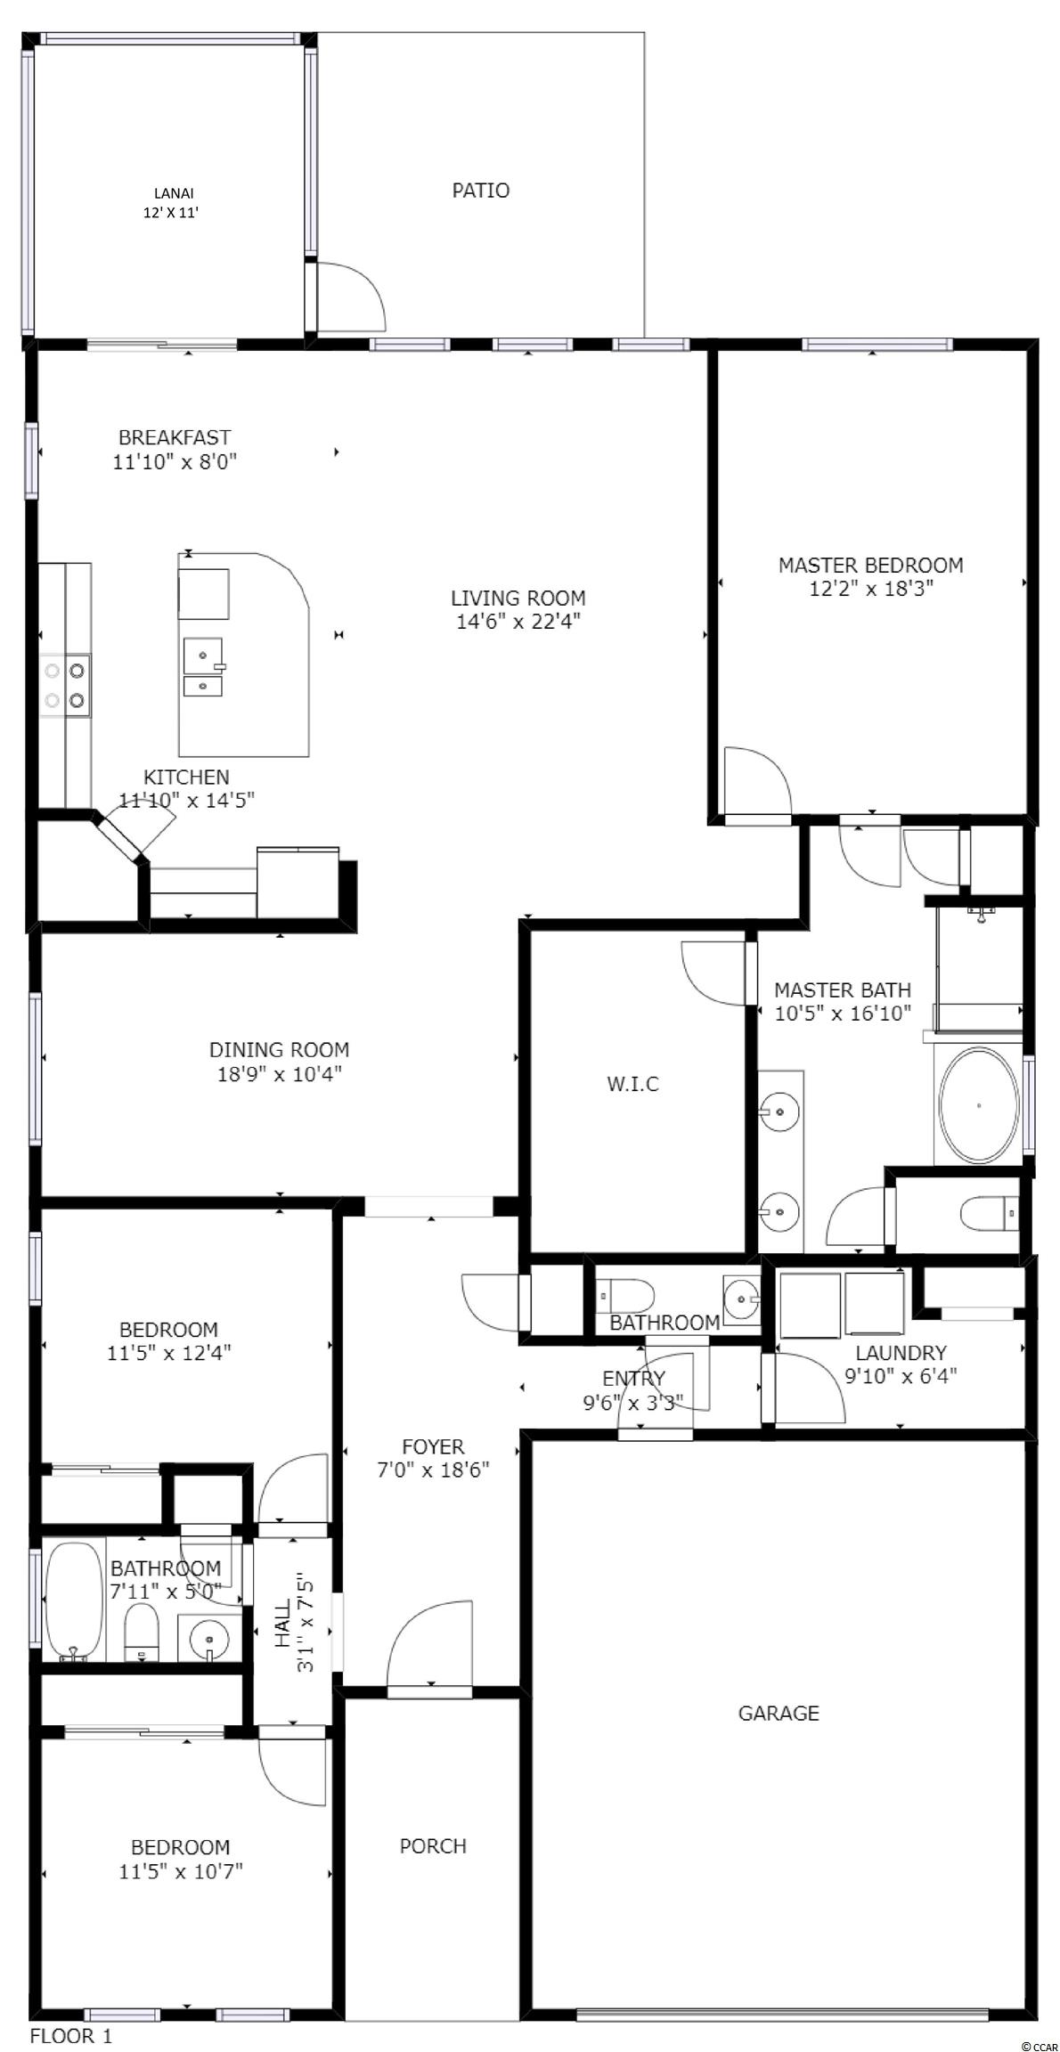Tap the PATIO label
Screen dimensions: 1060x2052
pyautogui.click(x=481, y=190)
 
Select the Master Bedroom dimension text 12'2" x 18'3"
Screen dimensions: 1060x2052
pyautogui.click(x=870, y=589)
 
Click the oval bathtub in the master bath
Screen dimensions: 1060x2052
pyautogui.click(x=977, y=1105)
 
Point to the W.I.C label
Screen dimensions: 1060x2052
pyautogui.click(x=632, y=1084)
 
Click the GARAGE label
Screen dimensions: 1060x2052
pyautogui.click(x=779, y=1713)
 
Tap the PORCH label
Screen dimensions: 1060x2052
pyautogui.click(x=433, y=1845)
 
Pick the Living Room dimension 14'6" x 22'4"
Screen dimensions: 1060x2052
pyautogui.click(x=518, y=622)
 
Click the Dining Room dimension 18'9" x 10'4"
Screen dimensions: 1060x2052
pyautogui.click(x=279, y=1073)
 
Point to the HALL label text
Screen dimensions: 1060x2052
pyautogui.click(x=281, y=1624)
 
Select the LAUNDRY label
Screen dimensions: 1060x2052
pyautogui.click(x=901, y=1353)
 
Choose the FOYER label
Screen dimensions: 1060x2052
pyautogui.click(x=433, y=1446)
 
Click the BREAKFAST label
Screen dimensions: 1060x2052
pyautogui.click(x=175, y=437)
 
